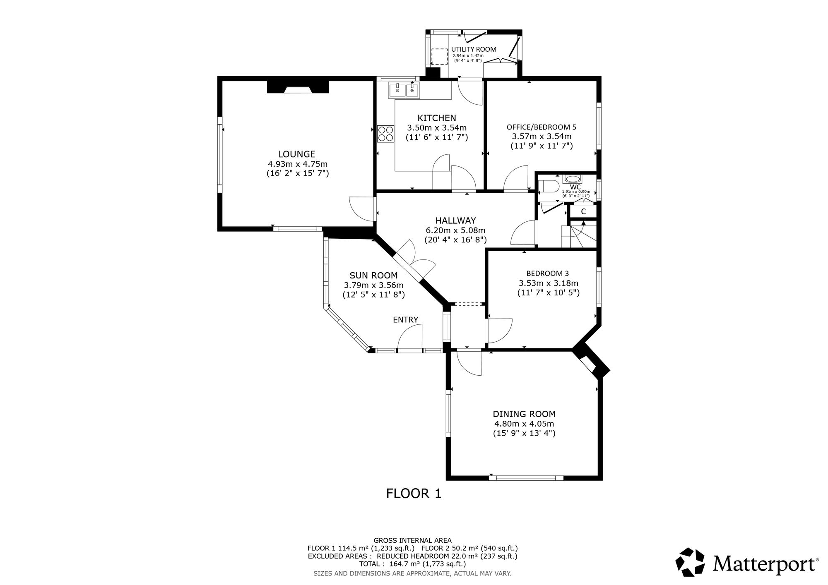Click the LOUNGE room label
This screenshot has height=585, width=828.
pos(297,154)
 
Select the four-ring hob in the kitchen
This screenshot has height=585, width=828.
pos(386,134)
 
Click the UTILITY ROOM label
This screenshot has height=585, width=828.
pos(474,49)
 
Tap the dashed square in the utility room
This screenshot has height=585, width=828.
pos(440,57)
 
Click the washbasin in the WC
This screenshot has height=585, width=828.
pos(572,179)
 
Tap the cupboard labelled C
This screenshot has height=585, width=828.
pos(583,212)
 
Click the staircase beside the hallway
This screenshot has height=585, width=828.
pos(579,234)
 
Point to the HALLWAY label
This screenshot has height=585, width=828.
pos(455,221)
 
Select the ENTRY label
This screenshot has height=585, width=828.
pos(405,319)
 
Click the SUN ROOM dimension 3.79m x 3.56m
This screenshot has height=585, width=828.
pos(373,285)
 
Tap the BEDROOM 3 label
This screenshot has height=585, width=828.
pos(547,273)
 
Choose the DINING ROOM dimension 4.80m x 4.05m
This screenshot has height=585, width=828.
pos(524,424)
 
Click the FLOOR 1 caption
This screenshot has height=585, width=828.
pos(414,493)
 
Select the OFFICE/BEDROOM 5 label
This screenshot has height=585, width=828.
pos(542,127)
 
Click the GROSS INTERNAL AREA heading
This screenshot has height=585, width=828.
pos(413,540)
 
